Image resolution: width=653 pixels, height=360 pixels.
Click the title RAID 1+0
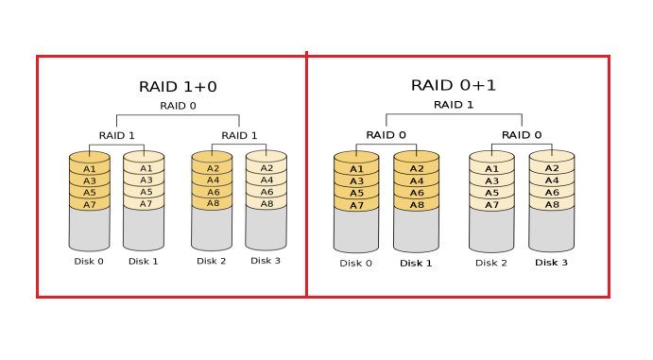point(178,87)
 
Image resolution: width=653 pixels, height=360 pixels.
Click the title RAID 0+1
point(454,85)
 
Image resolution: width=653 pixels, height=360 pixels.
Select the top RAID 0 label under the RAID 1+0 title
point(178,106)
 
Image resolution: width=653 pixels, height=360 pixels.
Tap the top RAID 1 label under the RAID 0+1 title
point(454,104)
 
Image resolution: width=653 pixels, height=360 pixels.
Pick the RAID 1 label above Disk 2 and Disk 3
point(239,135)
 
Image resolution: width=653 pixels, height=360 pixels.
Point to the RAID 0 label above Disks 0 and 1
point(386,134)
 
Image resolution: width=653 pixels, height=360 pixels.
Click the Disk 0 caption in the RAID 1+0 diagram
point(89,261)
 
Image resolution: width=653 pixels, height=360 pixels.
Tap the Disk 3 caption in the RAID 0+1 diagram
point(551,262)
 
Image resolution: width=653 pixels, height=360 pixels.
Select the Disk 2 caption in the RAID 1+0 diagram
point(212,261)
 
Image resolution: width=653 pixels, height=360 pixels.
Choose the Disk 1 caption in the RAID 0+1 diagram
point(416,263)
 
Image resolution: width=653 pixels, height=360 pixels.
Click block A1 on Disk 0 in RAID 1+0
point(90,168)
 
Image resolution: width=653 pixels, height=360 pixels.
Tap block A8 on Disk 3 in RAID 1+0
point(266,203)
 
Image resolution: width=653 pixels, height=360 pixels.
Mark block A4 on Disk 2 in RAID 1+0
point(212,180)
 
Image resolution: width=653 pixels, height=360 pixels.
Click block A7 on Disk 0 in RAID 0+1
point(356,205)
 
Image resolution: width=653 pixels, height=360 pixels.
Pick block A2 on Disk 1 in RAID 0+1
point(416,169)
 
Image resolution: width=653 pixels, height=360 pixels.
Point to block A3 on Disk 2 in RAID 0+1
point(491,180)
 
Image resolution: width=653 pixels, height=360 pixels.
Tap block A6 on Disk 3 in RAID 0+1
point(551,193)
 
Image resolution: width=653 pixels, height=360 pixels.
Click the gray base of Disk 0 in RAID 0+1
point(356,231)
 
